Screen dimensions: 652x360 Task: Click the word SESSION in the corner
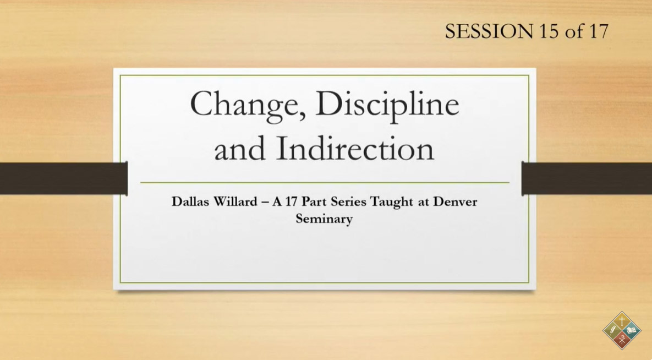[489, 31]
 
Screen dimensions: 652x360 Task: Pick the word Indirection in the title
[355, 149]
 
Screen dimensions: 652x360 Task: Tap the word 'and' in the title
[239, 149]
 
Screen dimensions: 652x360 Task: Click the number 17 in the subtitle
[291, 202]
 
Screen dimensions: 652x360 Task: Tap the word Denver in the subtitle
[455, 202]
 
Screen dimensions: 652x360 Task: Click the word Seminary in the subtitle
[324, 219]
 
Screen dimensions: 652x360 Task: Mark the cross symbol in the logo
[622, 321]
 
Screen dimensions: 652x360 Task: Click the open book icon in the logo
[632, 331]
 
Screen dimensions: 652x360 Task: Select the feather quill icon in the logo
[612, 331]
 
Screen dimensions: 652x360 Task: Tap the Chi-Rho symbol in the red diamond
[622, 340]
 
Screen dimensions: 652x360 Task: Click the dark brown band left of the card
[64, 178]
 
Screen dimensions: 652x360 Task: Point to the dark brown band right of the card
[587, 178]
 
